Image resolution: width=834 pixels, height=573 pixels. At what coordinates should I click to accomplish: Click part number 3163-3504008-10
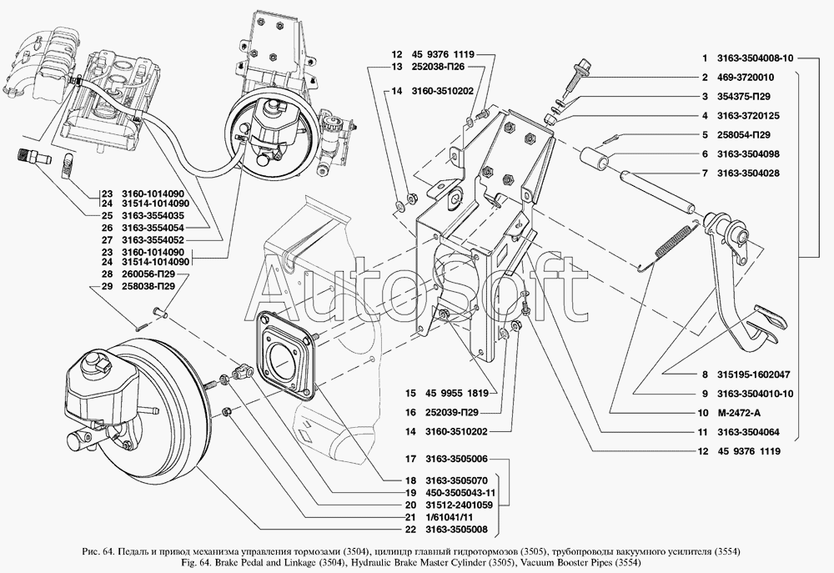(x=755, y=58)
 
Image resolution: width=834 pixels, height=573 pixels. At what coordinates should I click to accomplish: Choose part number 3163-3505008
(x=456, y=530)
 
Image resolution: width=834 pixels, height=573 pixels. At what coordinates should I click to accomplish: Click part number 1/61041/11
(x=450, y=517)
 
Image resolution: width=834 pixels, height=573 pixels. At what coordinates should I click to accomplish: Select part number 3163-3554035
(x=153, y=216)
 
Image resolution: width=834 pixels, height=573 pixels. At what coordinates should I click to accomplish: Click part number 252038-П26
(x=438, y=67)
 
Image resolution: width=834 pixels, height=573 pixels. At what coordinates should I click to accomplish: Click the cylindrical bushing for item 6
(x=598, y=159)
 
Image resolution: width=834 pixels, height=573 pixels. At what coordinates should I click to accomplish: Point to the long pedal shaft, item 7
(x=656, y=190)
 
